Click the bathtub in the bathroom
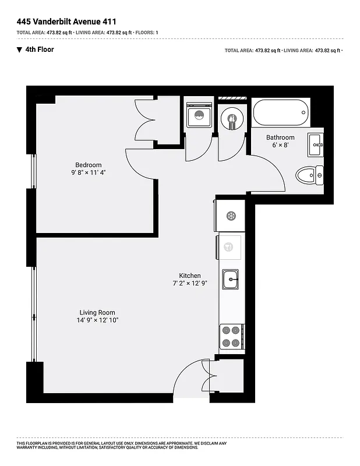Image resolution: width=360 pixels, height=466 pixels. (281, 112)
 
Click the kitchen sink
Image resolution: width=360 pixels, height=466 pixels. (231, 280)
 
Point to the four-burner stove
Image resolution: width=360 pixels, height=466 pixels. (231, 336)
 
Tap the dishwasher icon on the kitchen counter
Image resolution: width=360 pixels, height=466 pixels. (229, 247)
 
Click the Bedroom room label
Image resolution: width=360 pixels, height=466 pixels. (89, 165)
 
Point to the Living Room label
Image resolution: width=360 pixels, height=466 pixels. (98, 312)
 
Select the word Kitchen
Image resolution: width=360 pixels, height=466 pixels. (190, 276)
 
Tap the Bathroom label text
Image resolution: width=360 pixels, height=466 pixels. (280, 138)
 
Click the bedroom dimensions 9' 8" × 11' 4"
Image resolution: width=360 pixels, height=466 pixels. (89, 173)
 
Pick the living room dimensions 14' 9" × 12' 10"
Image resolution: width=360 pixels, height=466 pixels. (98, 320)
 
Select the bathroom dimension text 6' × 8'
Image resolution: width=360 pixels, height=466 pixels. (280, 146)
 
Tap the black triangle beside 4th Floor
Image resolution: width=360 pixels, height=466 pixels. (19, 50)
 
